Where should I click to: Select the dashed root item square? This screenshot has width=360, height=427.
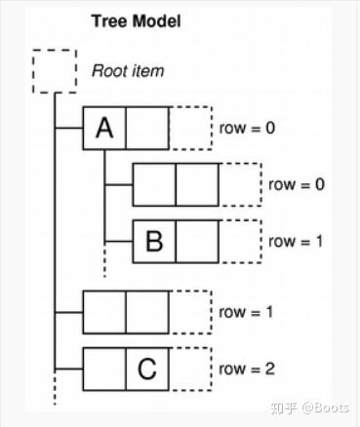click(x=55, y=70)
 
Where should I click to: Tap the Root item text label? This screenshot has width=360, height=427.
click(x=128, y=70)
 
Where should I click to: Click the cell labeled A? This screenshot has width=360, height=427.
click(x=104, y=128)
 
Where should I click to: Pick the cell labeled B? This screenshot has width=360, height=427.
click(x=153, y=241)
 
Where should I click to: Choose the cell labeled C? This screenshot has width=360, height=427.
click(x=147, y=369)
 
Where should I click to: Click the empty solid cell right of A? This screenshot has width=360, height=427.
click(x=147, y=128)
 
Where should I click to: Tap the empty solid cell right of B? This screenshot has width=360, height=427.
click(x=196, y=241)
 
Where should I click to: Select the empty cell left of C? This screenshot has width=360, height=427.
click(x=104, y=369)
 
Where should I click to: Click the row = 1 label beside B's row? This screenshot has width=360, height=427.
click(x=296, y=241)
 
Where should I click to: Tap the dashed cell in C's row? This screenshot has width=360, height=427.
click(x=190, y=369)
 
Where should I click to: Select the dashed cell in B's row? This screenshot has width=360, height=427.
click(x=239, y=241)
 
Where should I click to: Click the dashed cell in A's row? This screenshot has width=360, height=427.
click(x=190, y=128)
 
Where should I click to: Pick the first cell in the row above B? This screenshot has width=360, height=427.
click(x=153, y=184)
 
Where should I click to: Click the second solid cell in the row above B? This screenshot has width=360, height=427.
click(x=196, y=184)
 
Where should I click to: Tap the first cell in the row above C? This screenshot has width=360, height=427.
click(x=104, y=313)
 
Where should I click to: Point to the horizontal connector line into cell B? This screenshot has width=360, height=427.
click(x=118, y=241)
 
